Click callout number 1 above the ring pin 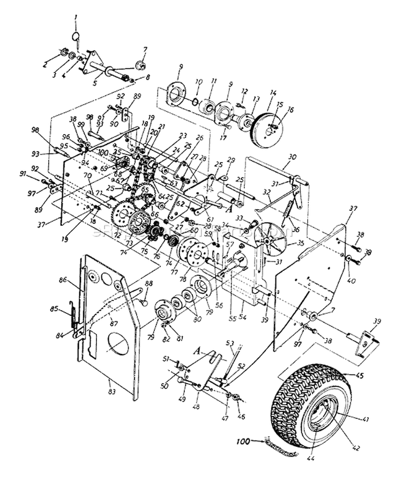point(76,18)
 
